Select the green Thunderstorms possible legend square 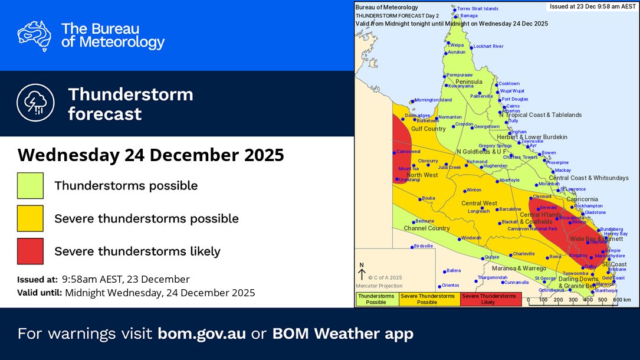pos(30,186)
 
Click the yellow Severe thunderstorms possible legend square pos(30,218)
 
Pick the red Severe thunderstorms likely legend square pos(30,251)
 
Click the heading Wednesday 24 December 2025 pos(151,155)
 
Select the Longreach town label pos(478,211)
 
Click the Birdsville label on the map pos(424,246)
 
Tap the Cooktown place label pos(508,84)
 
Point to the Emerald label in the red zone pos(548,208)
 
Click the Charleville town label pos(523,254)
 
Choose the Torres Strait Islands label pos(478,9)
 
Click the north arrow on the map pos(362,272)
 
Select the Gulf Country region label pos(428,129)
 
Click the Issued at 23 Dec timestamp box pos(592,6)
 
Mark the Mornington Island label pos(433,100)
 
